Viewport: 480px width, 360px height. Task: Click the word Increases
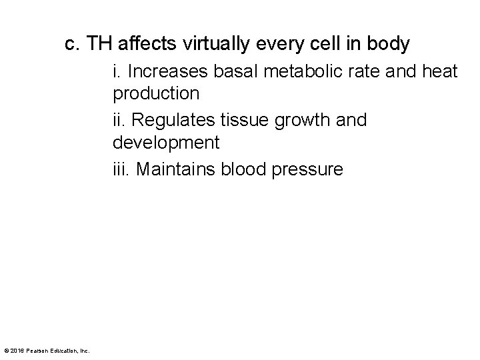coord(169,71)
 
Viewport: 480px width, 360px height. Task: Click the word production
coord(156,93)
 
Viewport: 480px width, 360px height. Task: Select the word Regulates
coord(168,121)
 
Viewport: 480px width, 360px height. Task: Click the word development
coord(167,142)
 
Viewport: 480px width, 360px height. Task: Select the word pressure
coord(308,170)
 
